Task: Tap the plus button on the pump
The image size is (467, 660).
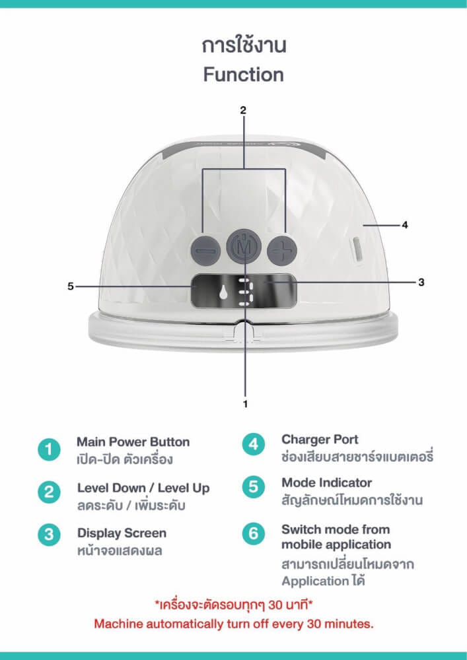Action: (x=282, y=251)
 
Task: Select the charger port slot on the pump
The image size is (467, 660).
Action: (x=357, y=249)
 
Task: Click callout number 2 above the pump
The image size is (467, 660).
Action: (x=243, y=111)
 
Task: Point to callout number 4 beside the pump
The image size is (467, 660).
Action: (x=405, y=225)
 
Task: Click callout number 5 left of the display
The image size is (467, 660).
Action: (x=70, y=286)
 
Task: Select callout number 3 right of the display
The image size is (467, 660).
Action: (x=421, y=282)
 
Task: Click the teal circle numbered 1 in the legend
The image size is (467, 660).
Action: (x=49, y=449)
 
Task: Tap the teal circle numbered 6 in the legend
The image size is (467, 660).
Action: (x=254, y=534)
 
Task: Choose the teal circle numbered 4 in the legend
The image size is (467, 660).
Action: (x=254, y=444)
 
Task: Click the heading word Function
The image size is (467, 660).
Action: (x=243, y=75)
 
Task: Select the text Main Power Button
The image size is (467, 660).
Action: (x=133, y=442)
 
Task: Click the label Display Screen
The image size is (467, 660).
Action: (x=122, y=533)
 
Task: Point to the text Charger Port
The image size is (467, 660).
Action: (x=320, y=440)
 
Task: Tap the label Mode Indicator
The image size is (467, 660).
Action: (x=327, y=482)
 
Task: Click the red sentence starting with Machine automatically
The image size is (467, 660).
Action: (x=234, y=624)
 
